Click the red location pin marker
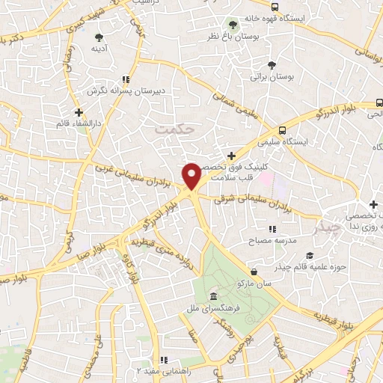pos(192,177)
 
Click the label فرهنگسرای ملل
pos(213,308)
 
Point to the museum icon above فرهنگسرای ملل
pos(214,297)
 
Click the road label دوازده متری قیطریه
pos(184,262)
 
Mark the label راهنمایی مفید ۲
pos(161,370)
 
